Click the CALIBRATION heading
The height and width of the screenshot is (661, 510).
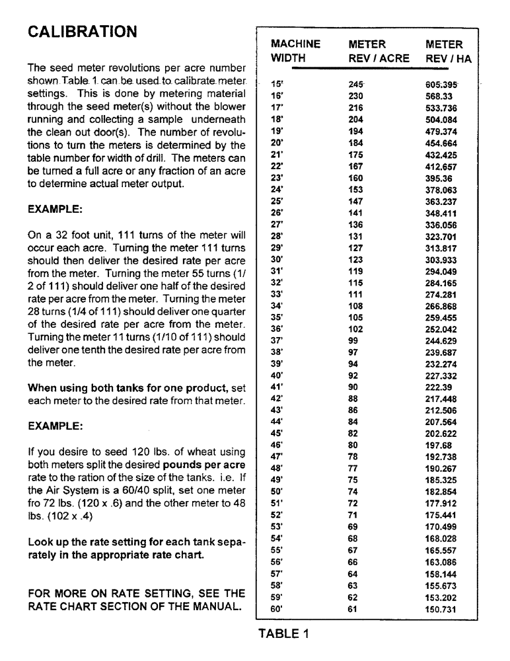tap(82, 32)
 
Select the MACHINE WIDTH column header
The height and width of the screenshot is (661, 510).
tap(295, 51)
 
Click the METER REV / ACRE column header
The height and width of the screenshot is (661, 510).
tap(378, 51)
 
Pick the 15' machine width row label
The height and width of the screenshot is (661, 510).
tap(277, 84)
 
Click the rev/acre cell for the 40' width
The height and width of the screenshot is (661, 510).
tap(354, 375)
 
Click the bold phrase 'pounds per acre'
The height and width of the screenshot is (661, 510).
tap(207, 465)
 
